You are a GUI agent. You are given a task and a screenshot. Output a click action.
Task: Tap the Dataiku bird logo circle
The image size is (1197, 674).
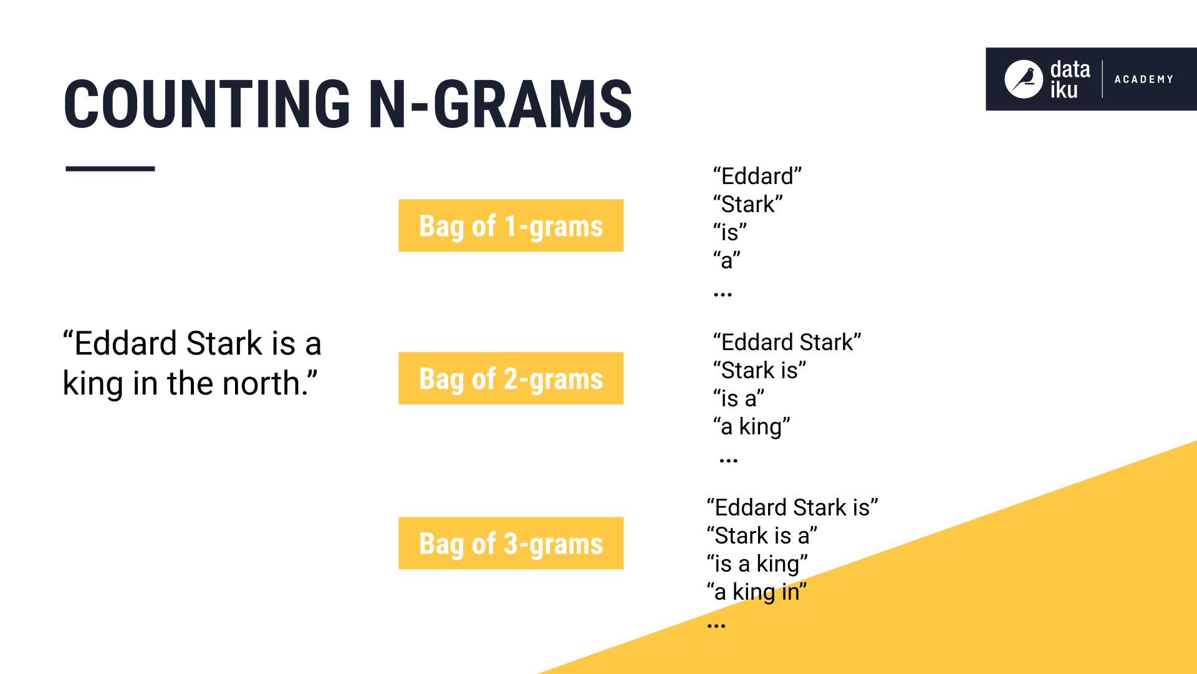click(1023, 79)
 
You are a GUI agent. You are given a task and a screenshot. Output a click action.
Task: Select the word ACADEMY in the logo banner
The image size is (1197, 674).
click(1143, 79)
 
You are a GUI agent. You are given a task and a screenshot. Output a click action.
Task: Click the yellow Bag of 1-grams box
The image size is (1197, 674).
click(511, 225)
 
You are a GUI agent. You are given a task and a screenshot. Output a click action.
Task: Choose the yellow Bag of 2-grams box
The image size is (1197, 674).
click(511, 378)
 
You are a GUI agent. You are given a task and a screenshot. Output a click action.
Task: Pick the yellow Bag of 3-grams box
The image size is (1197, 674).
click(511, 543)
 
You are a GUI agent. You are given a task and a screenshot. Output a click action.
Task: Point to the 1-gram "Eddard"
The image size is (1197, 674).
click(757, 176)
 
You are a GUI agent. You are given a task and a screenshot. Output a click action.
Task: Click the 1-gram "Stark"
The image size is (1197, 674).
click(748, 204)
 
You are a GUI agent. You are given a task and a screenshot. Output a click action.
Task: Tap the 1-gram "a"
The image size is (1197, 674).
click(726, 260)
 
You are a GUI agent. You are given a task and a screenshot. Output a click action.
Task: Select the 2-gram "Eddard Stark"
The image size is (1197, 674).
click(787, 342)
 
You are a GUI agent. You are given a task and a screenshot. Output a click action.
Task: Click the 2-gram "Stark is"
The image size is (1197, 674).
click(759, 370)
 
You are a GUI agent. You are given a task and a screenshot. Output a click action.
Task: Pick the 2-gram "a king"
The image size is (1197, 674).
click(751, 426)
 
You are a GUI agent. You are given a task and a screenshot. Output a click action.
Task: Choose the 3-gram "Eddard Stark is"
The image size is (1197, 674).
click(792, 507)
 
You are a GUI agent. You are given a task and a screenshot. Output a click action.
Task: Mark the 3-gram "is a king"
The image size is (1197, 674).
click(757, 564)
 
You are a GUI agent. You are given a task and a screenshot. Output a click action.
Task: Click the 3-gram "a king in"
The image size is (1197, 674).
click(756, 592)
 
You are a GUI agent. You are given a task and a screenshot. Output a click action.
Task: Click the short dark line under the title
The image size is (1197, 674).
click(110, 168)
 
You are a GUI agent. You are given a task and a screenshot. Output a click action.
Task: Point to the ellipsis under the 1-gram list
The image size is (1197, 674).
click(723, 294)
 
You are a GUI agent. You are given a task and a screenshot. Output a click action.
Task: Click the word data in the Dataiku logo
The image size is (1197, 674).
click(1070, 69)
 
